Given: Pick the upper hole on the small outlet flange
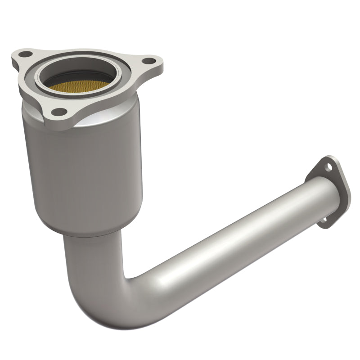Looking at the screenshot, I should [329, 166].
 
